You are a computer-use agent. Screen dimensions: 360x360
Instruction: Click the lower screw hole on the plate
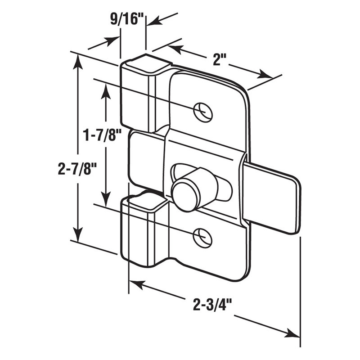click(x=202, y=236)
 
